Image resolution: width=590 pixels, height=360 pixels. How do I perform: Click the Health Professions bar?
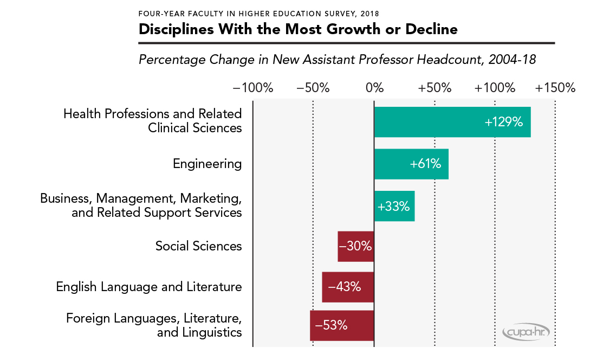452,122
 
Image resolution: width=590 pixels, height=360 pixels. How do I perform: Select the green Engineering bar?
411,164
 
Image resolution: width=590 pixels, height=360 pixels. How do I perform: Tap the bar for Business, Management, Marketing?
394,206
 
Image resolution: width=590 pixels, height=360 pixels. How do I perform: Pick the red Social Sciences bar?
355,246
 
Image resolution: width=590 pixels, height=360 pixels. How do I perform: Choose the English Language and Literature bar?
348,287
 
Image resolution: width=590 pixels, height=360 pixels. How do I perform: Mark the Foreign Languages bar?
342,325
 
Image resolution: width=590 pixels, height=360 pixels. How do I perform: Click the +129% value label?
504,122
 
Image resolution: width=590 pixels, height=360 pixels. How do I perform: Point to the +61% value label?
426,164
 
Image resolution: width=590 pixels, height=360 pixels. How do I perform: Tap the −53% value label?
331,326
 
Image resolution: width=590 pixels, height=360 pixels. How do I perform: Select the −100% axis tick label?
253,88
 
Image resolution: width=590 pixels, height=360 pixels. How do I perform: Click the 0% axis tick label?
374,88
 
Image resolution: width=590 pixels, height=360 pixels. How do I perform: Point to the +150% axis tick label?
555,88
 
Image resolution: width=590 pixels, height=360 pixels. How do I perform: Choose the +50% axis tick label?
435,88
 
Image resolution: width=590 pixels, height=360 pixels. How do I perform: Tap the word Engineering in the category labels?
207,164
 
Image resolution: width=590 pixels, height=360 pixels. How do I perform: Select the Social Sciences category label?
198,246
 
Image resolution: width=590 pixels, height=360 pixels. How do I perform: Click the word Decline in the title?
431,29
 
